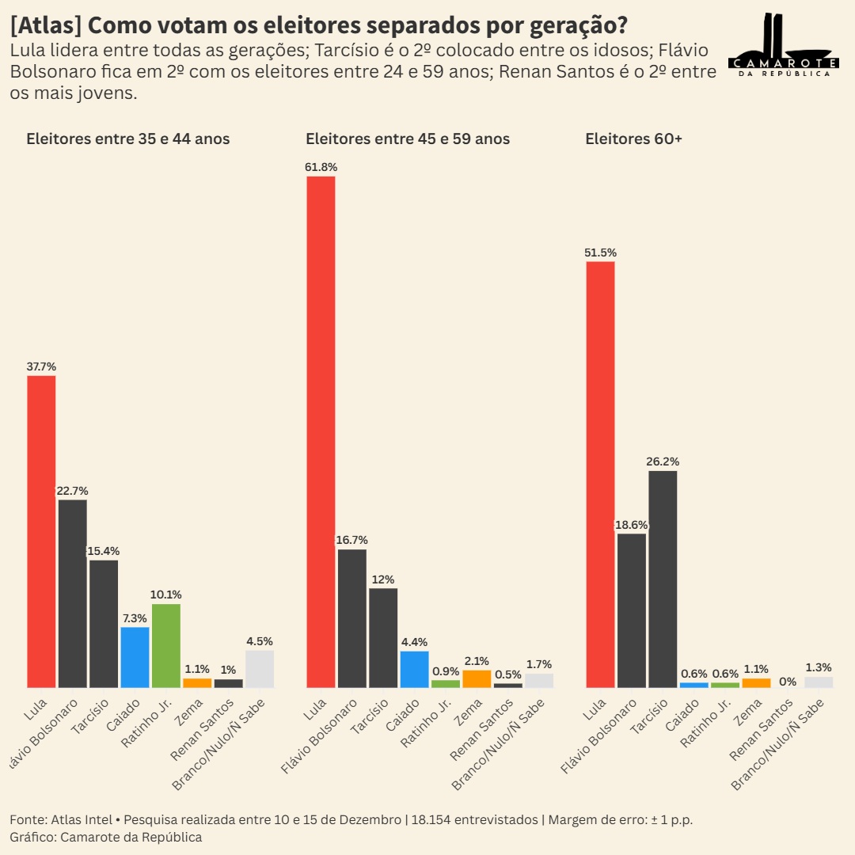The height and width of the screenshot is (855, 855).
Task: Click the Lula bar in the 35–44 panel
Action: click(x=41, y=531)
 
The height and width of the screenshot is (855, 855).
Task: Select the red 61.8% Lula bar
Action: click(x=321, y=431)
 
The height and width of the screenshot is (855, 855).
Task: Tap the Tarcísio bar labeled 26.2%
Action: click(x=663, y=579)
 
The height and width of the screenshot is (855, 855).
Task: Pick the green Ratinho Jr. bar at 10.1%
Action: click(x=166, y=645)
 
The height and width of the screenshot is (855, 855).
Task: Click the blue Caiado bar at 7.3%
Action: click(x=135, y=657)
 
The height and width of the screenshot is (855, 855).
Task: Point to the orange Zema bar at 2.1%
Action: click(x=477, y=678)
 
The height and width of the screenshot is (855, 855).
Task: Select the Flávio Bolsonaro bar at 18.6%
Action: click(x=632, y=610)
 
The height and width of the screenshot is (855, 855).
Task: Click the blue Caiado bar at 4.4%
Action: click(x=414, y=669)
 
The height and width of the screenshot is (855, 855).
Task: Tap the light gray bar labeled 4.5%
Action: click(x=260, y=668)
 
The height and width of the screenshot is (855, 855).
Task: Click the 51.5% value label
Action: click(x=600, y=253)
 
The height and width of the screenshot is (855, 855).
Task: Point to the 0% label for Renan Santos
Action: click(x=787, y=682)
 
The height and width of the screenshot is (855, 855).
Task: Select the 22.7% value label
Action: click(x=72, y=491)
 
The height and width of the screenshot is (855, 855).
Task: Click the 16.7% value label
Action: click(x=351, y=540)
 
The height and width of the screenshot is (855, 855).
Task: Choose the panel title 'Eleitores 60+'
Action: click(x=633, y=139)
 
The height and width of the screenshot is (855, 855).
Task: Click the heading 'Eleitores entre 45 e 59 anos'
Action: click(x=408, y=139)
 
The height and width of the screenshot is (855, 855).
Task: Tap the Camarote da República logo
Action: click(x=783, y=46)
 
